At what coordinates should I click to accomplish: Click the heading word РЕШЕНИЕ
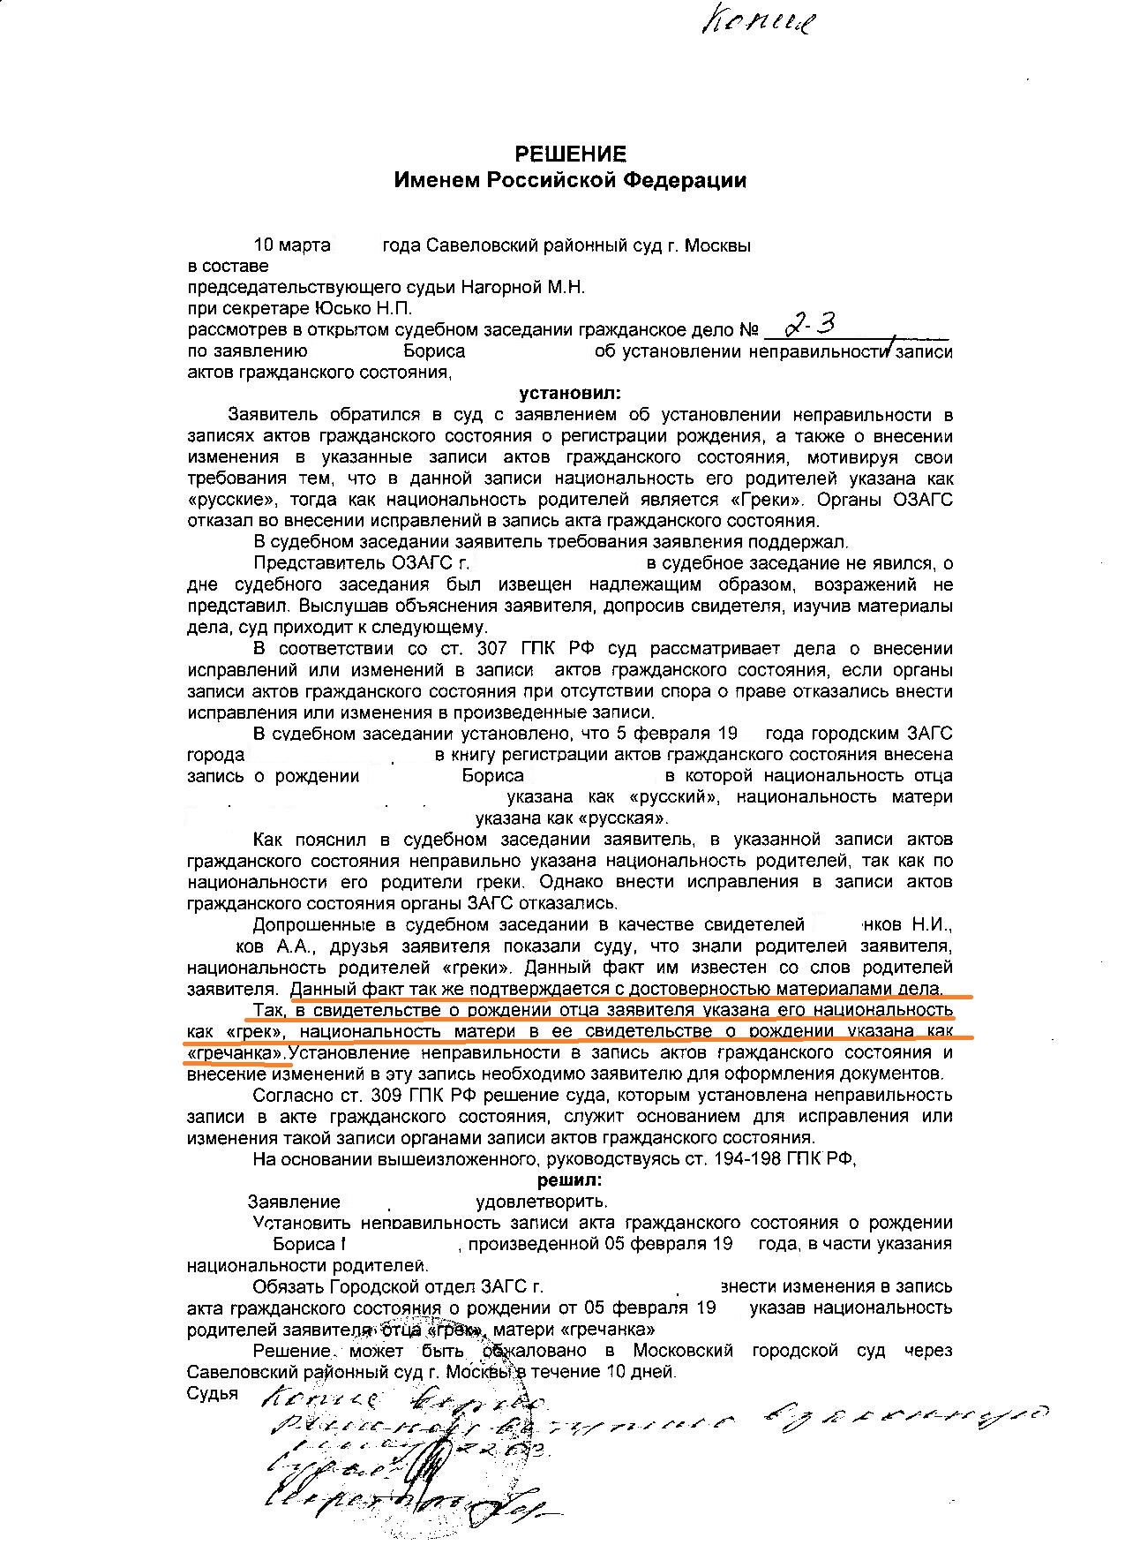click(570, 154)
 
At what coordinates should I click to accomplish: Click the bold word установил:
click(568, 393)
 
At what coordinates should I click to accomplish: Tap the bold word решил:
click(570, 1179)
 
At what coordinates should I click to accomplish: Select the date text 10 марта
click(291, 245)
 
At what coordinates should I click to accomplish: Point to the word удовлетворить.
click(542, 1202)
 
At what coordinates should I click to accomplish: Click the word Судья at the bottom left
click(213, 1393)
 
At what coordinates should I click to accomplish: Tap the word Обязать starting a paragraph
click(288, 1286)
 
